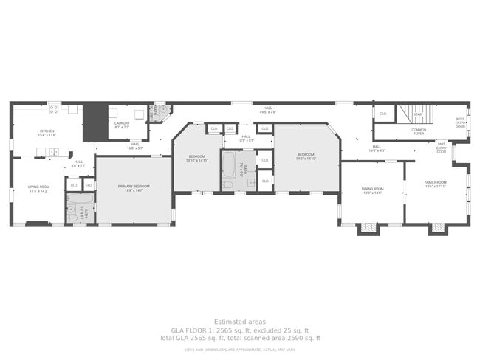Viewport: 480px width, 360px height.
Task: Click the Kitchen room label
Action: pyautogui.click(x=47, y=131)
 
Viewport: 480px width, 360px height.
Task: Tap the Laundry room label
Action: pyautogui.click(x=122, y=123)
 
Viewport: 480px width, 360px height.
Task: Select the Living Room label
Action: pyautogui.click(x=38, y=187)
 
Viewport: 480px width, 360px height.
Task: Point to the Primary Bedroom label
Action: pyautogui.click(x=134, y=187)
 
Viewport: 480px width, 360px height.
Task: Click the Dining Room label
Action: pyautogui.click(x=372, y=189)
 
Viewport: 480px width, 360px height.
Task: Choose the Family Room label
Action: pyautogui.click(x=435, y=182)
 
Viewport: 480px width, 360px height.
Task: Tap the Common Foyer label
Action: pyautogui.click(x=419, y=131)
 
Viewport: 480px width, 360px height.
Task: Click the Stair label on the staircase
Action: pyautogui.click(x=417, y=114)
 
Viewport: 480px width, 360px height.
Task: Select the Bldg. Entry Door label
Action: pyautogui.click(x=460, y=122)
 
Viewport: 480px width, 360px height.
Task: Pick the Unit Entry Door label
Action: pyautogui.click(x=442, y=148)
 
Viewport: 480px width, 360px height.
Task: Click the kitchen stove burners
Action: pyautogui.click(x=53, y=109)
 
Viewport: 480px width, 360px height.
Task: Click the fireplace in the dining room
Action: pyautogui.click(x=367, y=229)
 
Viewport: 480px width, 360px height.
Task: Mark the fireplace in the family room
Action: pyautogui.click(x=438, y=228)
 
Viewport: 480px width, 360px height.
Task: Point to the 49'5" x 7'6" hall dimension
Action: pyautogui.click(x=268, y=111)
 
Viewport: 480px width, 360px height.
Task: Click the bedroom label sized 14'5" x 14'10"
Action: pyautogui.click(x=306, y=156)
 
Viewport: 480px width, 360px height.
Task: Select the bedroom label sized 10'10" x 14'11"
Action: pyautogui.click(x=196, y=157)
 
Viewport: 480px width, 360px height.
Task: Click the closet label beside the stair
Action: pyautogui.click(x=383, y=114)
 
